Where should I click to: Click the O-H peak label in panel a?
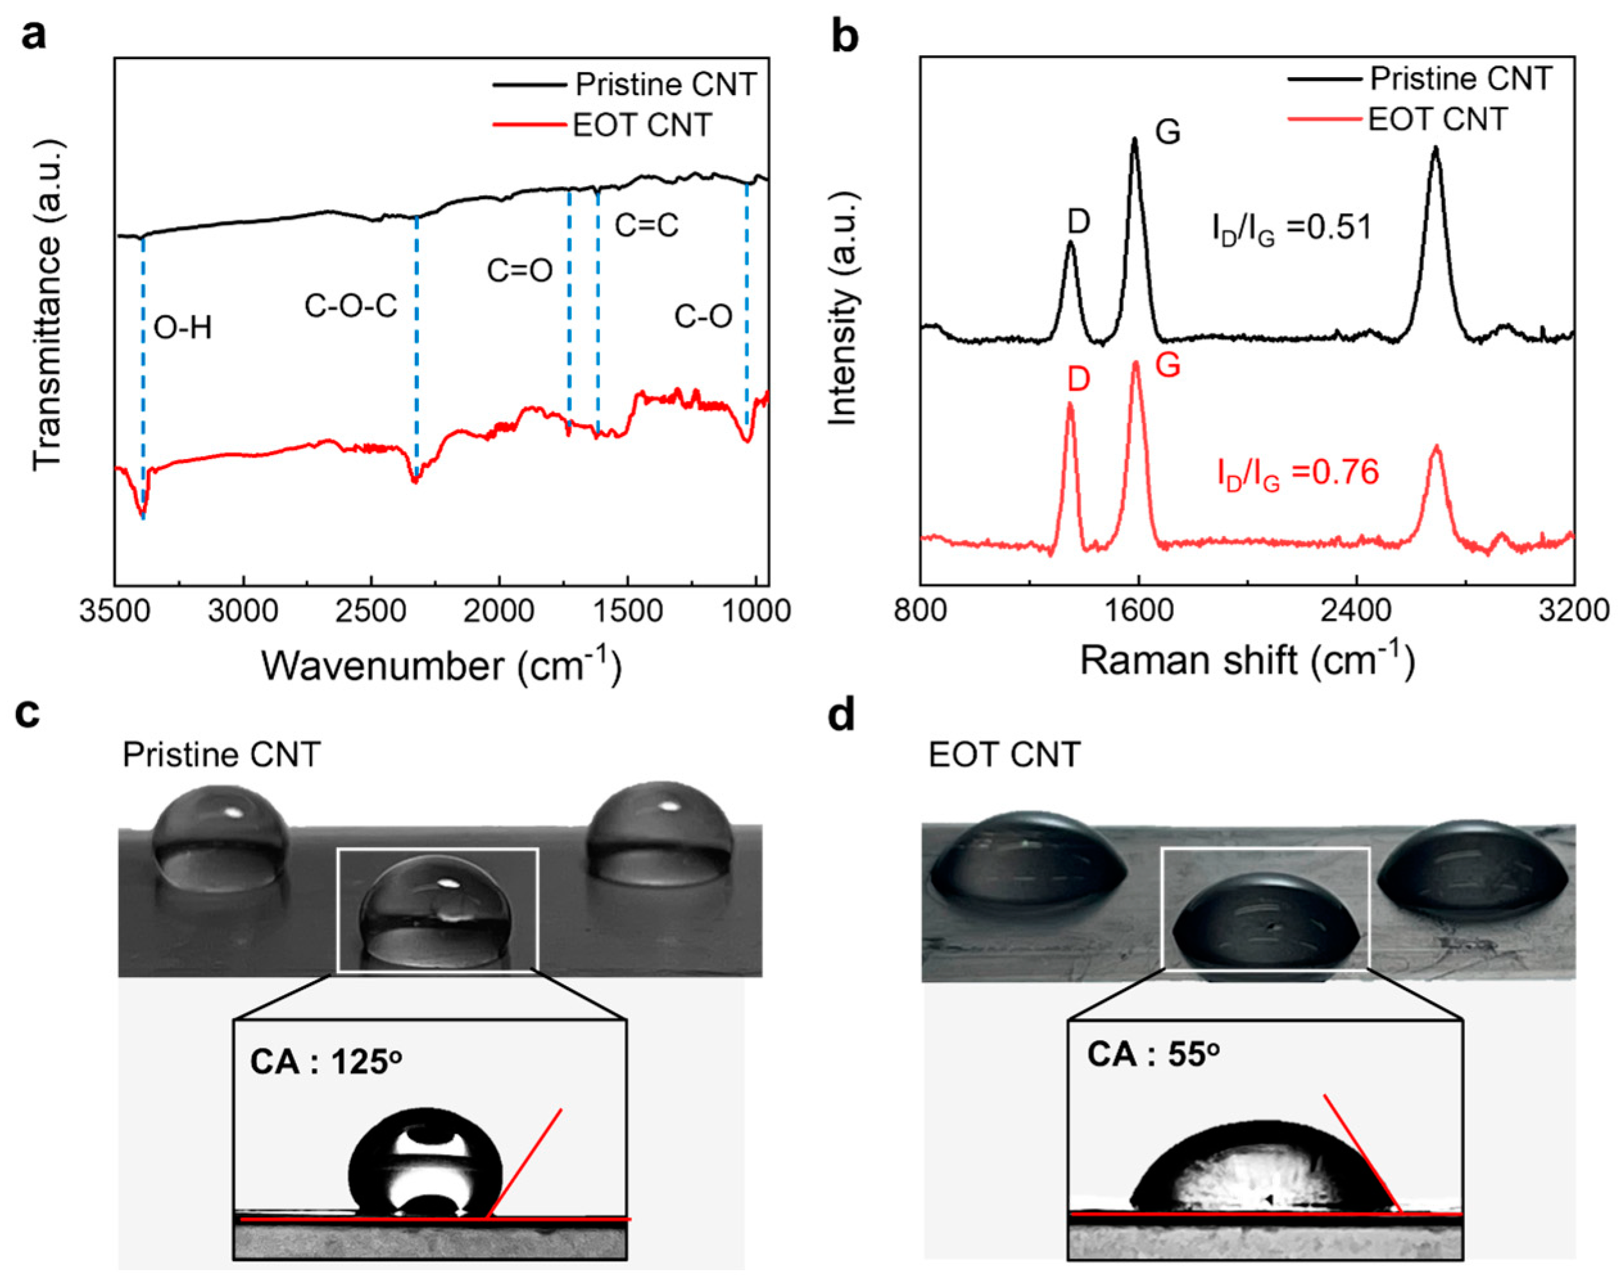[x=183, y=328]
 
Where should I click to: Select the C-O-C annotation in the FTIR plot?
[x=350, y=306]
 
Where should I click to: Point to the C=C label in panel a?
[x=647, y=225]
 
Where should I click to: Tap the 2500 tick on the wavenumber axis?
[x=371, y=610]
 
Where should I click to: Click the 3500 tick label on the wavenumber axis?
[x=115, y=610]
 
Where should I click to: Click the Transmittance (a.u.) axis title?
[x=47, y=305]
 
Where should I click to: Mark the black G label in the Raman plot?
[x=1167, y=132]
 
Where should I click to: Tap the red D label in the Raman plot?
[x=1078, y=380]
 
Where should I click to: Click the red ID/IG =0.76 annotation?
[x=1298, y=473]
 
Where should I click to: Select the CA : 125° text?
[x=326, y=1062]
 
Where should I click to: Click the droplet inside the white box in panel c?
[x=436, y=911]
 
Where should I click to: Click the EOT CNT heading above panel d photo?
[x=1005, y=754]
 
